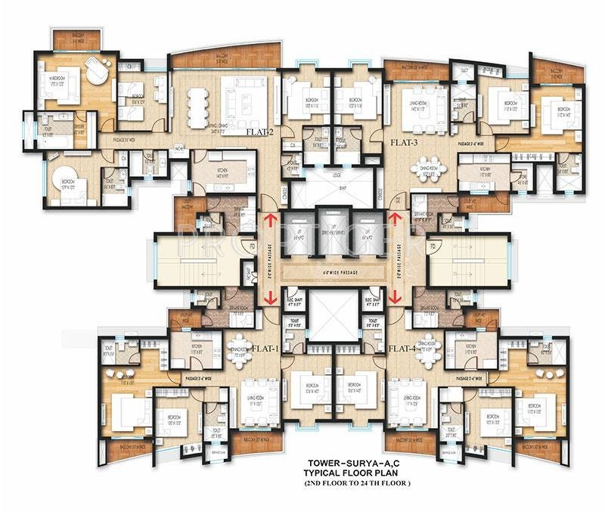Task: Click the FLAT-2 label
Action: click(259, 131)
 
